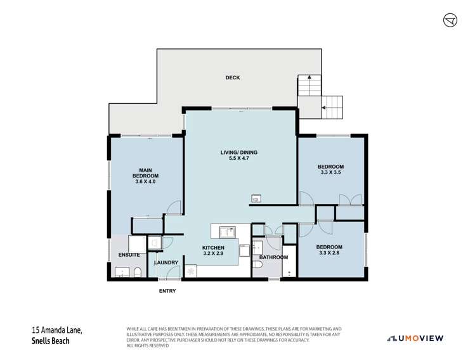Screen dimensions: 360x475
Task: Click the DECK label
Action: (233, 78)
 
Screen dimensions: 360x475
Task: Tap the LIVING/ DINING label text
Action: (238, 153)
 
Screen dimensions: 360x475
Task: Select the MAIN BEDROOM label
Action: (145, 172)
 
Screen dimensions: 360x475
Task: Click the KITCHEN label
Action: (214, 248)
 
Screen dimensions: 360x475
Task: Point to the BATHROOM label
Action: (273, 257)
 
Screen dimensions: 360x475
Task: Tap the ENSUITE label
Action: (129, 255)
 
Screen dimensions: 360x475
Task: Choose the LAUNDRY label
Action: (166, 262)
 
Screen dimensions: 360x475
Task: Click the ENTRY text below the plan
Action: (167, 292)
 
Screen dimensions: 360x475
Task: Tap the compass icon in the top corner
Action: (450, 20)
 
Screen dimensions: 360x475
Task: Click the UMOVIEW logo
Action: (415, 338)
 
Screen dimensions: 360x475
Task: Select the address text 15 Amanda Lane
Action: (57, 330)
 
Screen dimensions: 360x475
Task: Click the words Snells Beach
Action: (51, 340)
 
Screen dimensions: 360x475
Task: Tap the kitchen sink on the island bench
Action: (226, 231)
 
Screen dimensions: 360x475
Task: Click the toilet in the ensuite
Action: (137, 273)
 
